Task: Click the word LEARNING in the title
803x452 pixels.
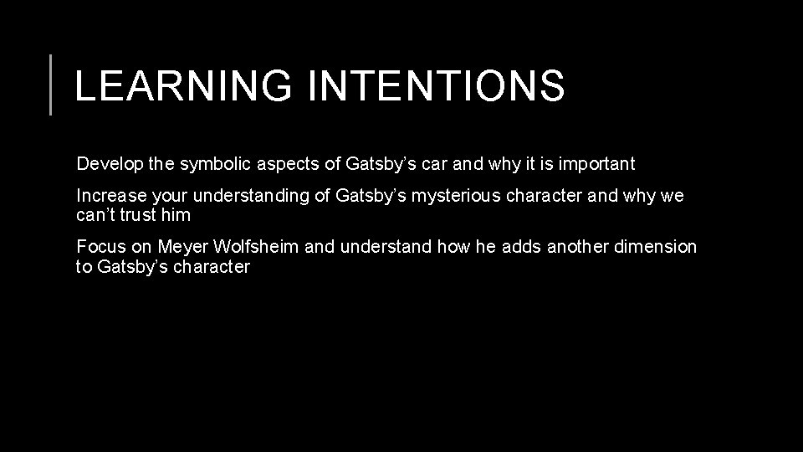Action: click(183, 85)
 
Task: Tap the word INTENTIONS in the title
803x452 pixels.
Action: click(436, 85)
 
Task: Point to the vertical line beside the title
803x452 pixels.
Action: click(51, 84)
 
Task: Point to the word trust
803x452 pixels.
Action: click(136, 215)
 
